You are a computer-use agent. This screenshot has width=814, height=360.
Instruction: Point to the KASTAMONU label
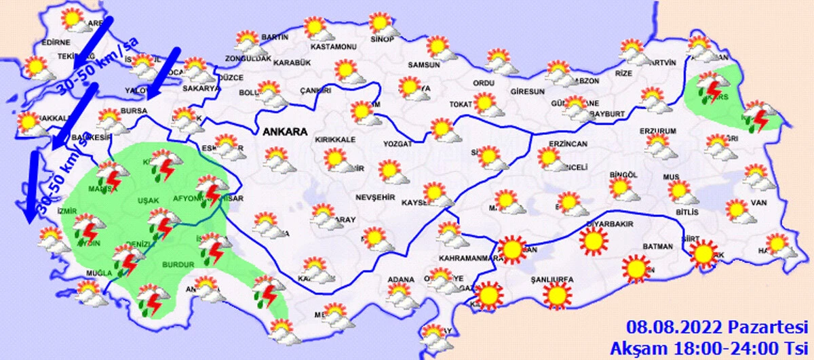(x=333, y=47)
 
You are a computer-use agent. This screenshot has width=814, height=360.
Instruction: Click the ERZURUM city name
(x=658, y=131)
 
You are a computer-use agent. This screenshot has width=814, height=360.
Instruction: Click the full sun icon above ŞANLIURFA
(x=557, y=295)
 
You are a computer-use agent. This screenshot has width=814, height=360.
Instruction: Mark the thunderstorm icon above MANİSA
(x=109, y=175)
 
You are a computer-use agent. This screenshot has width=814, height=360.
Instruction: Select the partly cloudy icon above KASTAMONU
(x=317, y=28)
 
